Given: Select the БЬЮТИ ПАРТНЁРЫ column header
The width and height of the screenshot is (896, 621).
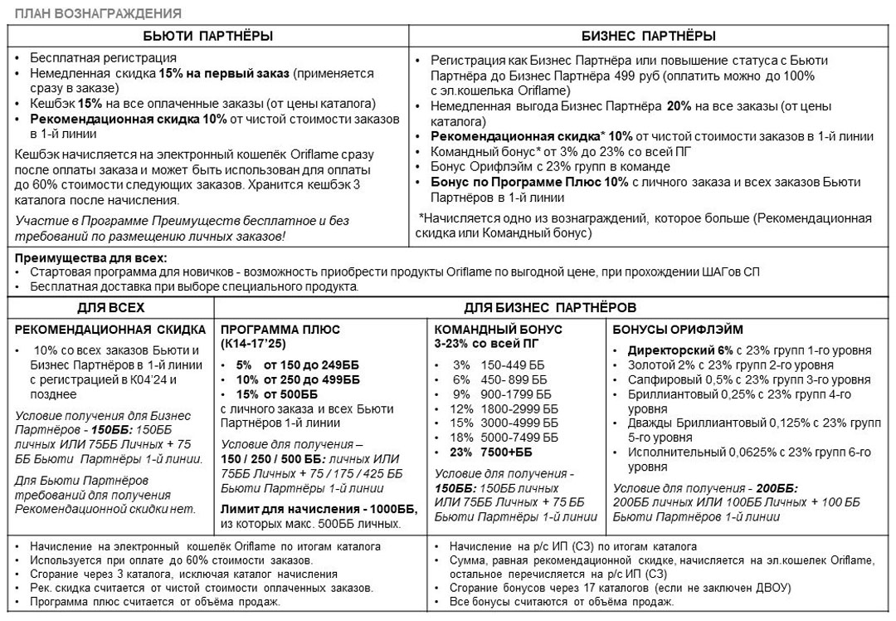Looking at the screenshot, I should point(208,36).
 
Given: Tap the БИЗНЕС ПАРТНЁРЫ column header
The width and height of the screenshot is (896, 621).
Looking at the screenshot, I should point(649,36).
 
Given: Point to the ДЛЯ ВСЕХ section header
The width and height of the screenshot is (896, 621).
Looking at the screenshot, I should point(110,306).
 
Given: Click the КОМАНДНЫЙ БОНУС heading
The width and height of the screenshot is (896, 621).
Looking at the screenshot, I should point(498,330).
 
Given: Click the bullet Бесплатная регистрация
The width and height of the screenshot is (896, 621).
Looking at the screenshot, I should point(103,58).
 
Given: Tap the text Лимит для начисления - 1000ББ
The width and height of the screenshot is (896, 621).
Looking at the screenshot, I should point(310,508).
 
